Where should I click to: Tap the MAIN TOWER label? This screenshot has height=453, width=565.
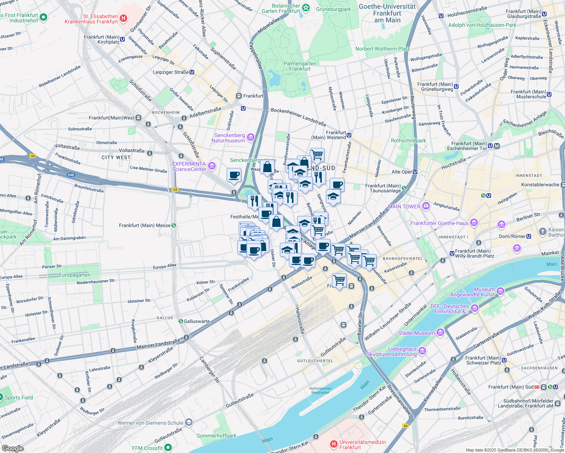tap(404, 206)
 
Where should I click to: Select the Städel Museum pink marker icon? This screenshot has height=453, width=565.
tap(440, 333)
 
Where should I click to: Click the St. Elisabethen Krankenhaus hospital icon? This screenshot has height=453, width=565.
tap(123, 18)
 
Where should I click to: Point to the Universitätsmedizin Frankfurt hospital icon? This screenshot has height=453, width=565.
tap(333, 444)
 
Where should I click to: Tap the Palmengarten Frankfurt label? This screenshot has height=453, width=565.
tap(300, 66)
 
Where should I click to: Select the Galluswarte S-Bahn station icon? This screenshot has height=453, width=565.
tap(181, 321)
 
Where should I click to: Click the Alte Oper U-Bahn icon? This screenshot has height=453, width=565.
tap(415, 172)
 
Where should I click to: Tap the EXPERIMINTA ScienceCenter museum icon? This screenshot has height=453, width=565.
tap(212, 166)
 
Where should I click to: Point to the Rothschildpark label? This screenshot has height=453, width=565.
tap(408, 140)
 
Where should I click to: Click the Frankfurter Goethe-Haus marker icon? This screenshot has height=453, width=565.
tap(474, 223)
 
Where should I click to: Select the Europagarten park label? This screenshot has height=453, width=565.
tap(74, 275)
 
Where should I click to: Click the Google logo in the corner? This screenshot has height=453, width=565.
tap(12, 448)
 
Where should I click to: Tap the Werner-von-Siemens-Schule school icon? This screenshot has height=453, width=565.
tap(189, 422)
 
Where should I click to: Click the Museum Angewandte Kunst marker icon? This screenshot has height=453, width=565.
tap(500, 291)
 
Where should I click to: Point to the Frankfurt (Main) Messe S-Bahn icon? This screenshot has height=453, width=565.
tap(174, 225)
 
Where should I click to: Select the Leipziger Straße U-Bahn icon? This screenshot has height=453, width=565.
tap(192, 72)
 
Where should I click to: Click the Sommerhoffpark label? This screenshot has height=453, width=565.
tap(216, 436)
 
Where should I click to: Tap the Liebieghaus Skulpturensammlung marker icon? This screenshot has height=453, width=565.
tap(422, 351)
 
